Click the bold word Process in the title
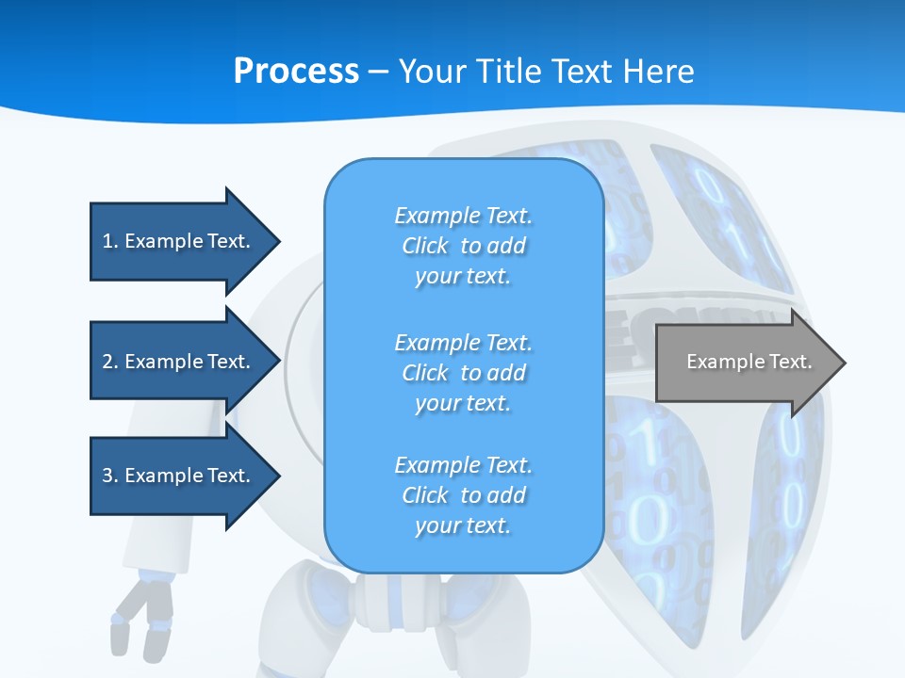coord(296,72)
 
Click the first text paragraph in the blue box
coord(463,246)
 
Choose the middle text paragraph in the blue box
coord(463,373)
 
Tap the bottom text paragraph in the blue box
coord(463,495)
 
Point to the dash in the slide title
coord(379,72)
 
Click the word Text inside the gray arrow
coord(790,362)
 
